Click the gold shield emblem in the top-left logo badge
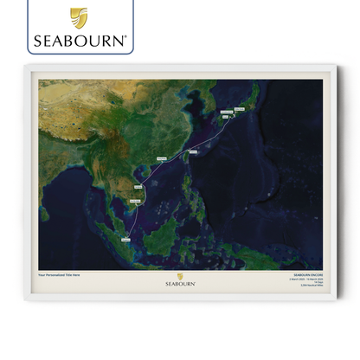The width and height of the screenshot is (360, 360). (x=78, y=17)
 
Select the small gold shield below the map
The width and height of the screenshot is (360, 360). (x=180, y=277)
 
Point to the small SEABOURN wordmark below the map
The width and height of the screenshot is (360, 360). (x=180, y=283)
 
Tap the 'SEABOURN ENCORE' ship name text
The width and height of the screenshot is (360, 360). (x=307, y=276)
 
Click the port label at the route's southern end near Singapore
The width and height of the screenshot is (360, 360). (x=126, y=237)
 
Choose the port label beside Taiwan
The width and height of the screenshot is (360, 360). (x=192, y=151)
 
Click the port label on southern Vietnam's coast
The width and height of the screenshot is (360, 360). (x=135, y=201)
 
